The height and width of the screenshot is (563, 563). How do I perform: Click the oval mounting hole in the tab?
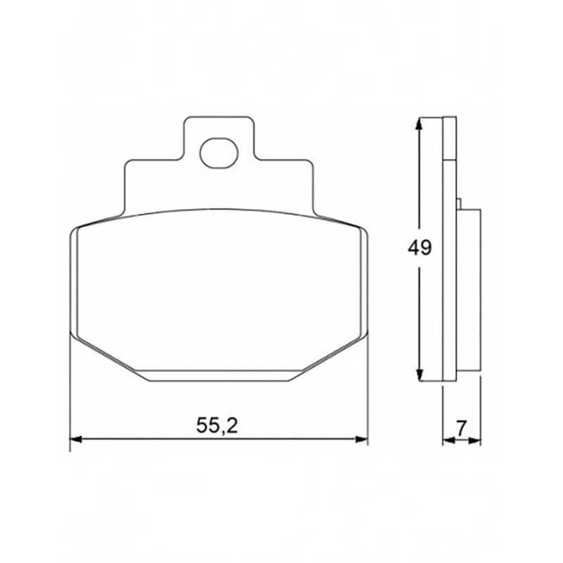219,153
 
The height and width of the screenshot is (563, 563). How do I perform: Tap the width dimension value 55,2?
217,426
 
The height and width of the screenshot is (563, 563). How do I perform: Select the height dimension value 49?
419,248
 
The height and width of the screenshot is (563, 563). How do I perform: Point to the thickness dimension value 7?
461,428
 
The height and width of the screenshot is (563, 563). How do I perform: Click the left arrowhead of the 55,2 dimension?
76,438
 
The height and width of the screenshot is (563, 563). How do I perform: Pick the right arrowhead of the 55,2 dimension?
362,438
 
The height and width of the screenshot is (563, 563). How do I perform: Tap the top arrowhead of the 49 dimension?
418,125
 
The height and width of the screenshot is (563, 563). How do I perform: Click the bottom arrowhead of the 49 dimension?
419,374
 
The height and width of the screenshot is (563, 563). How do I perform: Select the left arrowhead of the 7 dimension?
449,441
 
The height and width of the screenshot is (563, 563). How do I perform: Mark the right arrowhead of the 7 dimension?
474,441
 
